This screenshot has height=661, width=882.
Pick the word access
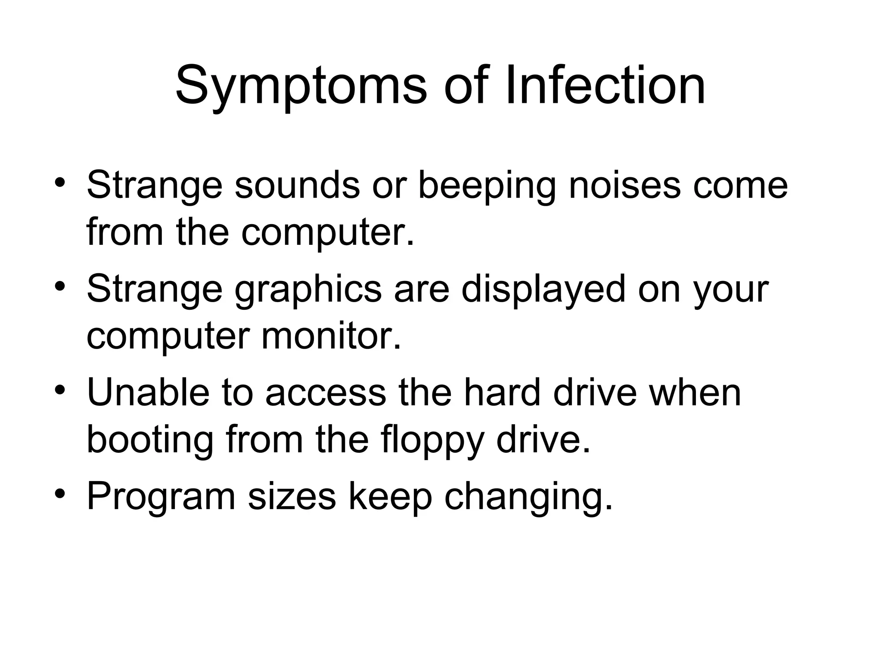click(326, 393)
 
